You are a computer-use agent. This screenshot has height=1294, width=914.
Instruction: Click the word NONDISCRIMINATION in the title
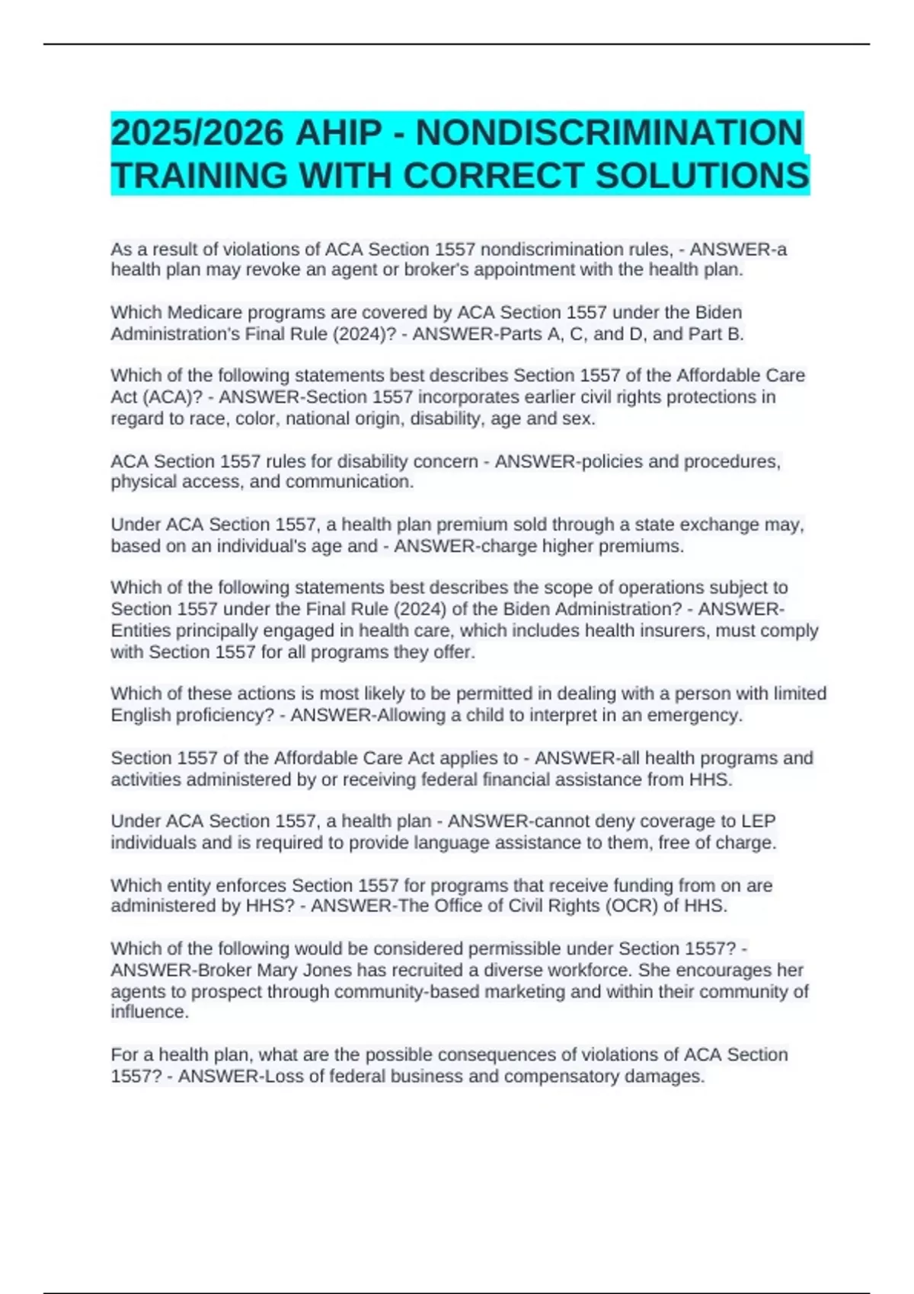pos(609,132)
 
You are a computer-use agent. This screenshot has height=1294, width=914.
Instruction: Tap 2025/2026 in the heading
pos(197,132)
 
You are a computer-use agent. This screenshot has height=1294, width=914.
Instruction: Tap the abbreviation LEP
pos(758,821)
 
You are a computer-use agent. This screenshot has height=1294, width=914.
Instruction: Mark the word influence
pos(148,1012)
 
